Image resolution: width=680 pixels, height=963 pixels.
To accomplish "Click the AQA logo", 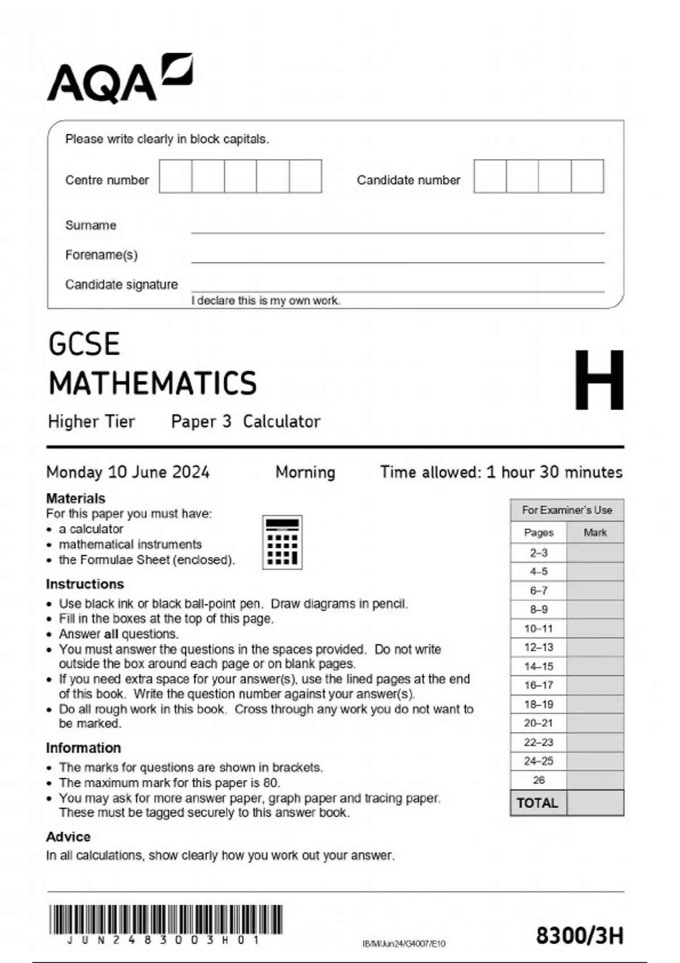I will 119,79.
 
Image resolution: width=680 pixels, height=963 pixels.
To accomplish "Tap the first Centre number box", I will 176,176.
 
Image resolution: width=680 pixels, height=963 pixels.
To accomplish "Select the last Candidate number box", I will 587,176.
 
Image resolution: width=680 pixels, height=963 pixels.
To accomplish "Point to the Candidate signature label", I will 121,284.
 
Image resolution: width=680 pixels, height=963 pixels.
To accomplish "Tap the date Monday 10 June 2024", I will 128,472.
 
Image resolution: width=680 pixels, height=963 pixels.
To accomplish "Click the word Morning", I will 305,472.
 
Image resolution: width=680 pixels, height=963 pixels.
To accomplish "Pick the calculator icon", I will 282,542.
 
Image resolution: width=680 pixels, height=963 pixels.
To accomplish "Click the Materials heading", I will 75,498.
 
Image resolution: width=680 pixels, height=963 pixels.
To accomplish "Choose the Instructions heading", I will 85,584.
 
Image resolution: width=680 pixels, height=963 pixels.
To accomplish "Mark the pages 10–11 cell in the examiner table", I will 538,629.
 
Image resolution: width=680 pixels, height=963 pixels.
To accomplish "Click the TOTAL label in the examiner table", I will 537,803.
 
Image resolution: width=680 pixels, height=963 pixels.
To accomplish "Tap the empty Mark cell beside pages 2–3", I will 595,553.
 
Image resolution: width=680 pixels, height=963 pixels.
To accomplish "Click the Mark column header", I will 595,532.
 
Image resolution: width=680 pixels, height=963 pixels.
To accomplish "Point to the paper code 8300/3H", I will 580,936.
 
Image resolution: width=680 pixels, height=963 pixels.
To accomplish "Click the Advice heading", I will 68,837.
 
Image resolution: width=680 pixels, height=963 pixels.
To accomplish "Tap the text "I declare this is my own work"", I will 266,301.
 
